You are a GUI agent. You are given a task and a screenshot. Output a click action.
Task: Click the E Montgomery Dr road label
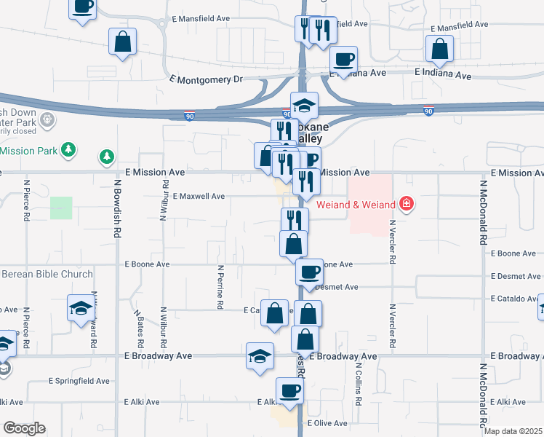(x=204, y=79)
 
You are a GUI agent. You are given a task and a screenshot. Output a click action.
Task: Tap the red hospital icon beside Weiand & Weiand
(x=407, y=202)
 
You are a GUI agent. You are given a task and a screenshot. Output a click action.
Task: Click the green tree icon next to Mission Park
(x=69, y=150)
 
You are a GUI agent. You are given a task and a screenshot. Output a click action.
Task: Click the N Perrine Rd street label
(x=220, y=287)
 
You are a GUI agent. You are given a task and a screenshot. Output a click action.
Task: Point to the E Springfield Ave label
(x=79, y=381)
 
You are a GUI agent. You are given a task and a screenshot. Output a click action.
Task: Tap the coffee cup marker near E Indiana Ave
(x=343, y=59)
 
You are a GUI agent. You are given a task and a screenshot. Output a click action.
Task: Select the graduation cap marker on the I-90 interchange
(x=304, y=105)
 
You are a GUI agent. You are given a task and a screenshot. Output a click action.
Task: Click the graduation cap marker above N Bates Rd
(x=80, y=308)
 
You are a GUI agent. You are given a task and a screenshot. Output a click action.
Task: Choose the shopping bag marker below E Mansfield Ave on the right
(x=439, y=50)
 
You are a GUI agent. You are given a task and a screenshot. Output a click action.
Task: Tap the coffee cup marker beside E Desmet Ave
(x=309, y=272)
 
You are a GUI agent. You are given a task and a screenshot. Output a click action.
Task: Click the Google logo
(x=24, y=428)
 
